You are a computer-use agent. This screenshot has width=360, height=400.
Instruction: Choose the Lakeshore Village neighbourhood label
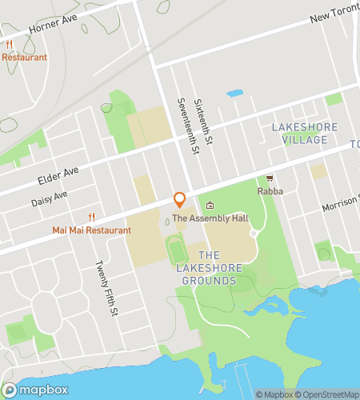point(299,134)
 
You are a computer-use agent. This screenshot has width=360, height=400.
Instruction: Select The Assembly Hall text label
point(210,218)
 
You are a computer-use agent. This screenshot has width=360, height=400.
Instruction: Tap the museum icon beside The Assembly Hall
point(210,206)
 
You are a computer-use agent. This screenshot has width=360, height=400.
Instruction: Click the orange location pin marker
point(179,199)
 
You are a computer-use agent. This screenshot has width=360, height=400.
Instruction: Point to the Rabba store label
point(270,191)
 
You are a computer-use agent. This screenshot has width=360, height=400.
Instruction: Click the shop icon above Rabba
point(270,179)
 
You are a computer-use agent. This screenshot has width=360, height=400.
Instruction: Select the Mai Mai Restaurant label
point(91,230)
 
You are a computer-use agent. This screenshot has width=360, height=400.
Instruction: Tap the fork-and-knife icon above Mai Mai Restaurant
point(91,217)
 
